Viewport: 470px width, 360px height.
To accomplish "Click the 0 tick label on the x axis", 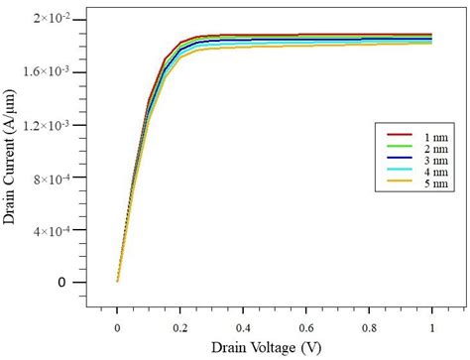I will (x=117, y=327).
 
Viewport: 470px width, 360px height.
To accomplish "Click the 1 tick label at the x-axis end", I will (x=431, y=327).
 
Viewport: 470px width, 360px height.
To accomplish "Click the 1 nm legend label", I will (x=419, y=135).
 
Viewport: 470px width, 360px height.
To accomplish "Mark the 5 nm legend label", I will (x=419, y=181).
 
